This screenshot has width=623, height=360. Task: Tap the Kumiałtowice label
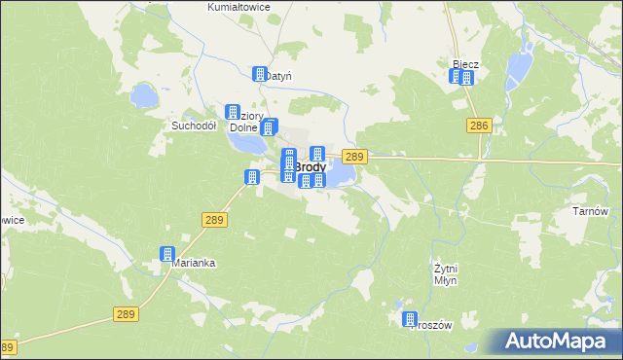click(x=238, y=7)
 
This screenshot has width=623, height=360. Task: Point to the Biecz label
click(x=465, y=64)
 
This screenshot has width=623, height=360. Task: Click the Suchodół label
click(x=193, y=126)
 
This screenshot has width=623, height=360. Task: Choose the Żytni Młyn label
click(x=445, y=273)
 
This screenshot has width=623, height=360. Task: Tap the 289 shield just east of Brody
click(x=354, y=157)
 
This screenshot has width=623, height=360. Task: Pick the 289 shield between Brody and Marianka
click(x=215, y=221)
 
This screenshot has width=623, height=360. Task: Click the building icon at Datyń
click(x=260, y=74)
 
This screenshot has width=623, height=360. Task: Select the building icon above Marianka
click(x=168, y=254)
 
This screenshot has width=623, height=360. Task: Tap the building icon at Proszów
click(x=410, y=319)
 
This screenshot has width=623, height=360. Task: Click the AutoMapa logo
click(x=556, y=341)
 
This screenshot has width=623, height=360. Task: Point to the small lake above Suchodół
click(x=144, y=95)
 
